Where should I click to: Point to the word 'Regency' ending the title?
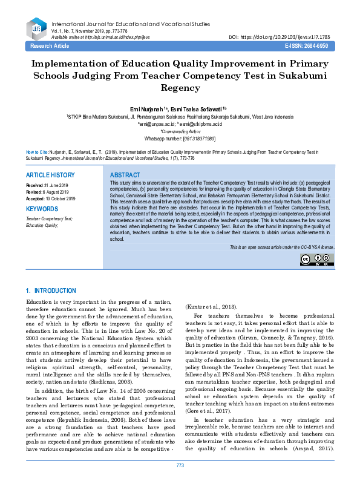click(x=180, y=87)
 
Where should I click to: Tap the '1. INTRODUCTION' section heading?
click(x=53, y=292)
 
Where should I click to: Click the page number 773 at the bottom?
click(x=180, y=482)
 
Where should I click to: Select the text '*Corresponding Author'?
click(x=180, y=131)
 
